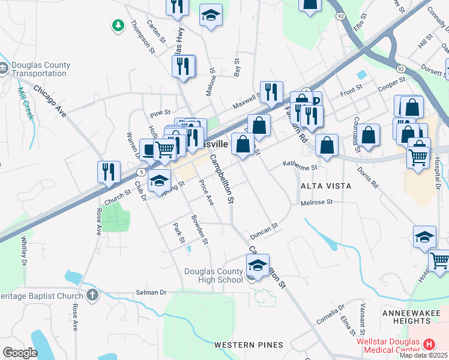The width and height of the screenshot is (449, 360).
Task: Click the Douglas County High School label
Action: pyautogui.click(x=213, y=275)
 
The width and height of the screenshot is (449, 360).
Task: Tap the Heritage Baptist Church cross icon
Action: pyautogui.click(x=91, y=295)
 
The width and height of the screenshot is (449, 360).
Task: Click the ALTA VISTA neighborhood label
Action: pyautogui.click(x=326, y=186)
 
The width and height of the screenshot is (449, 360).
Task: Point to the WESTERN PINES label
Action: pyautogui.click(x=249, y=344)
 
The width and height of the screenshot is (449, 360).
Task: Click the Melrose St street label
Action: pyautogui.click(x=316, y=203)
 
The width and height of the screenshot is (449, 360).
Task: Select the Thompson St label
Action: pyautogui.click(x=147, y=37)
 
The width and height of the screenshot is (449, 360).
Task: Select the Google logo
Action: pyautogui.click(x=20, y=352)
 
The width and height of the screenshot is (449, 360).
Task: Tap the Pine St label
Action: pyautogui.click(x=160, y=112)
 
